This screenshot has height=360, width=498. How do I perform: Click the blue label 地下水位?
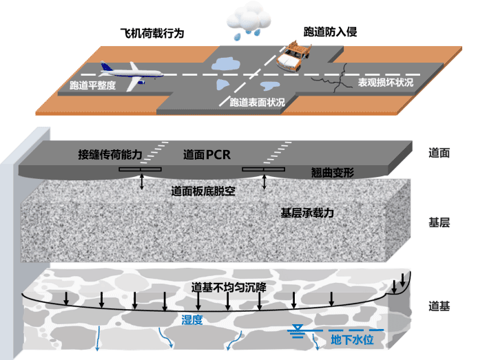[353, 339]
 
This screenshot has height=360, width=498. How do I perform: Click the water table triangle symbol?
[298, 328]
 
